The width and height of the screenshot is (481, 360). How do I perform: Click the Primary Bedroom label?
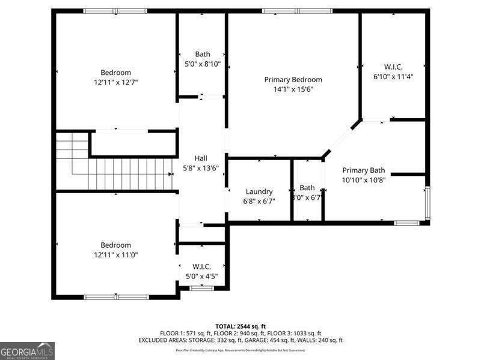tap(293, 80)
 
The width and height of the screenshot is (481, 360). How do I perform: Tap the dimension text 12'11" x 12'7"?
tap(115, 82)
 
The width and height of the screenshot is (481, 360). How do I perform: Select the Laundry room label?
tap(259, 191)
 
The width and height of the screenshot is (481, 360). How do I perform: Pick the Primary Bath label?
tap(364, 170)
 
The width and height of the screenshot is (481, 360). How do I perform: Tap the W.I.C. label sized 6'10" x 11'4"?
tap(393, 67)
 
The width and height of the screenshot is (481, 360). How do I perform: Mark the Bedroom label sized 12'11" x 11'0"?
tap(115, 245)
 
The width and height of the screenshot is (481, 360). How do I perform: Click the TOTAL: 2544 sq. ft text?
tap(240, 326)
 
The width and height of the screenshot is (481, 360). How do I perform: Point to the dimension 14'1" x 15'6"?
tap(293, 89)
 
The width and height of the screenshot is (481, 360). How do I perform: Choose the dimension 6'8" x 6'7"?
tap(259, 201)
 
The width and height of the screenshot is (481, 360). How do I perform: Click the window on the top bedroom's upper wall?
tap(115, 11)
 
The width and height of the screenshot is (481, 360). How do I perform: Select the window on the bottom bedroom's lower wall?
tap(116, 297)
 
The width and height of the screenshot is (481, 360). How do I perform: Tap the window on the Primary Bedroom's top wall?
tap(297, 11)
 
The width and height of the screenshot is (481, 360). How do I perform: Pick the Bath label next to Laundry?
tap(307, 188)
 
